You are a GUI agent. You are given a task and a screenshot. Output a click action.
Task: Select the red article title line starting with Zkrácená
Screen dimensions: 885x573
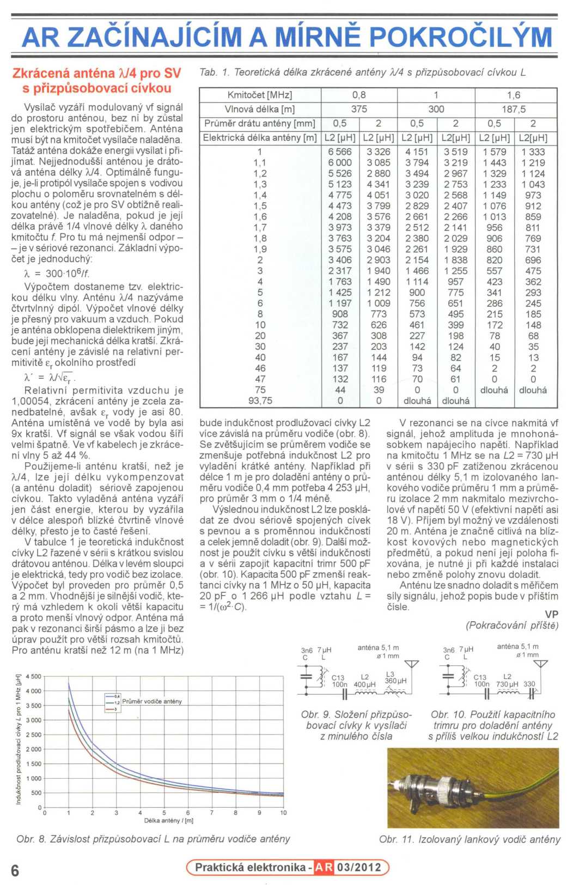[x=96, y=74]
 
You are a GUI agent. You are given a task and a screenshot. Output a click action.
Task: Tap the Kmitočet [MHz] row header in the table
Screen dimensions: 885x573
[x=260, y=95]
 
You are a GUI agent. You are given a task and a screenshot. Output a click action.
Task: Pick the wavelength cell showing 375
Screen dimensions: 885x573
[x=359, y=109]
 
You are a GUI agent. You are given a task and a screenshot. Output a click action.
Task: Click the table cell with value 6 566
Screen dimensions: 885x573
[x=340, y=152]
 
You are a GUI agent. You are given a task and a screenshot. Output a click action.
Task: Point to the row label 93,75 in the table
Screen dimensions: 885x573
[x=260, y=401]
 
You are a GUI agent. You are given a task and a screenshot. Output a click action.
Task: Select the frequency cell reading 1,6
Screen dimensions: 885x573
[x=514, y=95]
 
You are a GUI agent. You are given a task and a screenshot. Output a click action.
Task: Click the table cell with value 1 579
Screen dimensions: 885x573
[x=495, y=152]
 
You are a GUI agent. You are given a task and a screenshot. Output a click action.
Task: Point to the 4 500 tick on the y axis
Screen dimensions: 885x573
[x=34, y=676]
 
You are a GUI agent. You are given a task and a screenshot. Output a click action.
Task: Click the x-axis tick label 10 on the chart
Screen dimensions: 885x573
[x=283, y=813]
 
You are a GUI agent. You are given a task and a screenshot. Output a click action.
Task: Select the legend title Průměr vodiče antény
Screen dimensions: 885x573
[x=152, y=701]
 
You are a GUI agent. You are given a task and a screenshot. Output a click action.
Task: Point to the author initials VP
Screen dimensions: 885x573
[x=551, y=615]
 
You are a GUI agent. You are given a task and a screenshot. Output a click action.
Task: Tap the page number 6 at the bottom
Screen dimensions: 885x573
[x=15, y=870]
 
